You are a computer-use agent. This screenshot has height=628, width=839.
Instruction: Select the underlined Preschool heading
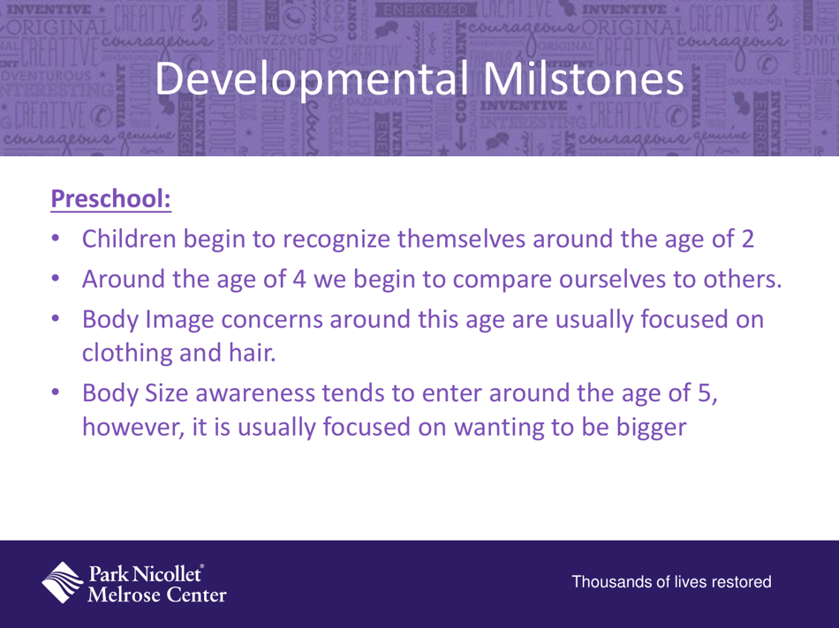click(110, 199)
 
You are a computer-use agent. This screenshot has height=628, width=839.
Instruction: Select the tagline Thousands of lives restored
click(672, 582)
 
